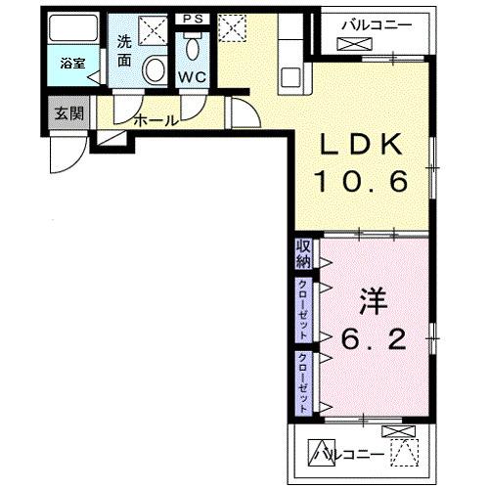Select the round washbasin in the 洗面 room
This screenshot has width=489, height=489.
[155, 69]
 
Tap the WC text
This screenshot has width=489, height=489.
[192, 77]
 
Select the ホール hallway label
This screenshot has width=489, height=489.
[155, 120]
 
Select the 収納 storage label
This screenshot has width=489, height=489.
[302, 253]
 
